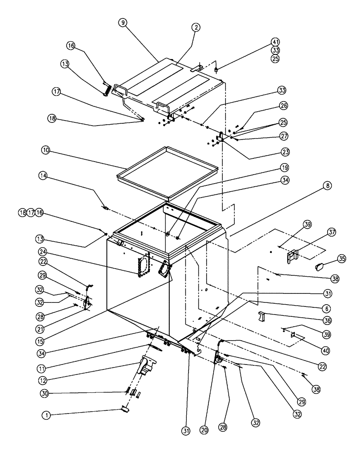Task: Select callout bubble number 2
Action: (196, 27)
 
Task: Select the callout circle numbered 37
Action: (332, 233)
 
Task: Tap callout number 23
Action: (284, 152)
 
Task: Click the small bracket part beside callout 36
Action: (262, 316)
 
